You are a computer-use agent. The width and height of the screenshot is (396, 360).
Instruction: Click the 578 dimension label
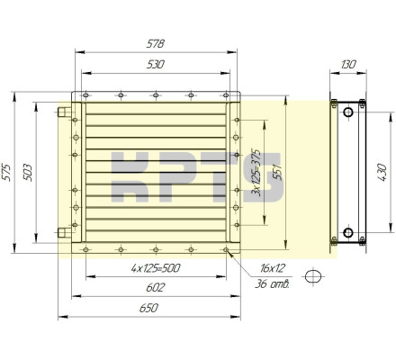coord(156,44)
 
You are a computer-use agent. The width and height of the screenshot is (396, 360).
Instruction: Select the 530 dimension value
coord(156,65)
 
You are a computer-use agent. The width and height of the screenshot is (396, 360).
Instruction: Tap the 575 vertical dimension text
coord(6,172)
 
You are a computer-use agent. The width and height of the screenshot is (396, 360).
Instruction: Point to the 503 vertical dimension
coord(28,172)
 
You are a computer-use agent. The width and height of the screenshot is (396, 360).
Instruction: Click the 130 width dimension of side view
coord(348,64)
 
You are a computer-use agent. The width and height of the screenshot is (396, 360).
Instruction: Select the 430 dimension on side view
coord(382,172)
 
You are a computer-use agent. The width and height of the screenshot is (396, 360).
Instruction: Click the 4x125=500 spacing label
coord(156,268)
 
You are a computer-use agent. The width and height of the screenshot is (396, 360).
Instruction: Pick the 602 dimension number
coord(156,288)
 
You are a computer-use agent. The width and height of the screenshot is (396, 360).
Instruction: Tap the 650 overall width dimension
coord(148,308)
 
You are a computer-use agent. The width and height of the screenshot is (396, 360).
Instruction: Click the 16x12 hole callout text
coord(273,268)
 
